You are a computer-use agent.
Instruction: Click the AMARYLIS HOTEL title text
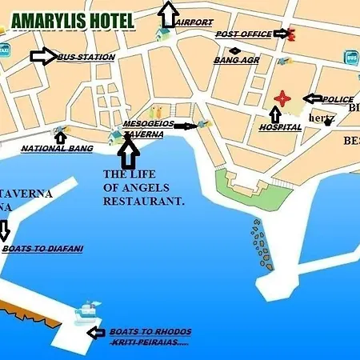tap(73, 19)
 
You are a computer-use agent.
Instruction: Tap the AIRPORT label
tap(194, 22)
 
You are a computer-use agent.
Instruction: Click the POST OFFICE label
tap(243, 34)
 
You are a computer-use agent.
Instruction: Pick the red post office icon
tap(290, 34)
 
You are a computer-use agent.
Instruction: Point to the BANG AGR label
tap(236, 60)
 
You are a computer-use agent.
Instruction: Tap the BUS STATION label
tap(86, 58)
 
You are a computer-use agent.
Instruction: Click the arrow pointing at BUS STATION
tap(43, 56)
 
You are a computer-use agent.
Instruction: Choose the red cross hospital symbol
tap(281, 98)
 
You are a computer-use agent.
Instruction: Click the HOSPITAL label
tap(281, 127)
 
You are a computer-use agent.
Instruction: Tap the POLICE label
tap(337, 100)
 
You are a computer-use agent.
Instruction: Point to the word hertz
tap(322, 118)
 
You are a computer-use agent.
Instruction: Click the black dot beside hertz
tap(327, 122)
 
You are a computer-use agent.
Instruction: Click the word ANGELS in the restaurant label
tap(147, 189)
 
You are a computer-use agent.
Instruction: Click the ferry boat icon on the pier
tap(88, 310)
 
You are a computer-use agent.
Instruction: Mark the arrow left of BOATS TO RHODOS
tap(96, 333)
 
